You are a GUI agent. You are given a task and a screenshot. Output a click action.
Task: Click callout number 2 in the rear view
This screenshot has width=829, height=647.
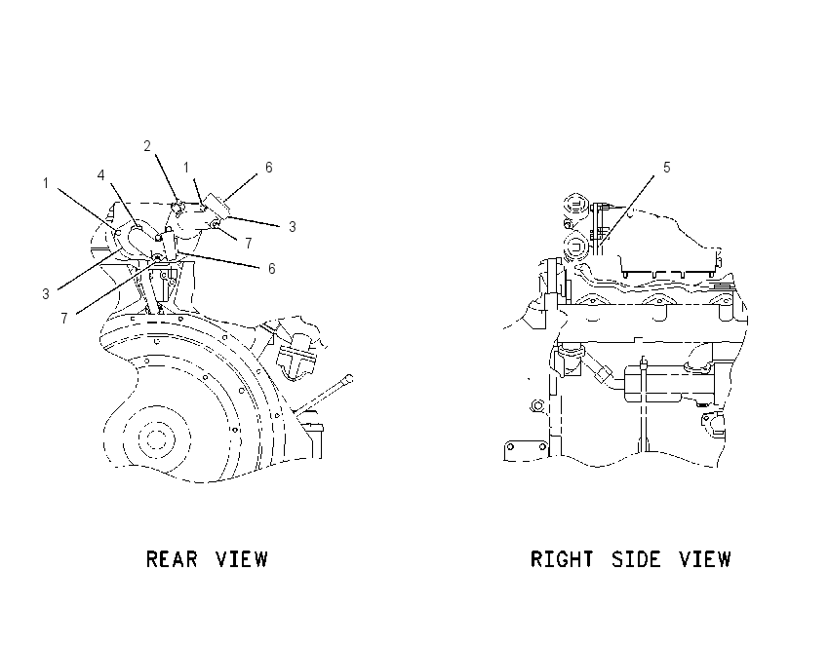point(147,146)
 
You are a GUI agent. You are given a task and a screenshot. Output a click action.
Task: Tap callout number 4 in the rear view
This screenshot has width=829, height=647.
point(101,175)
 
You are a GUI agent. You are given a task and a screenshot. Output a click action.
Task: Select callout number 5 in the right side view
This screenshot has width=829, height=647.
point(667,168)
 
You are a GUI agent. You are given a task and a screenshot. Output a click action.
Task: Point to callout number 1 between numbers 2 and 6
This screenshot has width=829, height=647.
point(186,168)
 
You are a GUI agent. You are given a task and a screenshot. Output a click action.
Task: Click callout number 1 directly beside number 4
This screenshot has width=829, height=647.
point(46,183)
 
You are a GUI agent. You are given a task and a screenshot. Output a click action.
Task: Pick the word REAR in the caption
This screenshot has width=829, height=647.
point(172,558)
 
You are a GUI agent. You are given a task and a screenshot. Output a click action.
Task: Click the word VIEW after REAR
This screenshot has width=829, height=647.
point(242,558)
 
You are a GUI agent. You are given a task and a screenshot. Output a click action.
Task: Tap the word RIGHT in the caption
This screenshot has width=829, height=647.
point(562,558)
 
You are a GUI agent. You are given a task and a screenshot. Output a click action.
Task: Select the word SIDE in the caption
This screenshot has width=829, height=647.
point(636,558)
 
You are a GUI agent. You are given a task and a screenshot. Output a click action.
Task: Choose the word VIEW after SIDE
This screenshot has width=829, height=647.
point(705,558)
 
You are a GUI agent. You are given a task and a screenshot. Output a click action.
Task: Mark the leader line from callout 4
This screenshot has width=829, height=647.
point(125,206)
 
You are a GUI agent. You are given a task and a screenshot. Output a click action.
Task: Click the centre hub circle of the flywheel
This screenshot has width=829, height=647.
point(155,438)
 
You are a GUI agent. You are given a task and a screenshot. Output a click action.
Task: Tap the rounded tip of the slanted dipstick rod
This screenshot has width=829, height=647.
point(349,378)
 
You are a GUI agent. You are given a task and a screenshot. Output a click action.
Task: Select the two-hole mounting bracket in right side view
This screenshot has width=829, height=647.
point(526,450)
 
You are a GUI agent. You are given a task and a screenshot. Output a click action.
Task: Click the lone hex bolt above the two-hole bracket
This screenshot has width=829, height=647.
point(536,405)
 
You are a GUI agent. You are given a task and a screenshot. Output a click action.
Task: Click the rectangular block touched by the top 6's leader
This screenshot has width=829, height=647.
point(217,206)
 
